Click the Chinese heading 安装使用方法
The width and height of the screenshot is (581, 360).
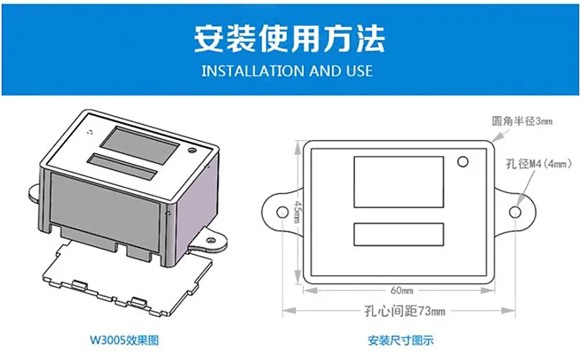289,38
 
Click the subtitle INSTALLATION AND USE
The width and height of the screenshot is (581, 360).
287,70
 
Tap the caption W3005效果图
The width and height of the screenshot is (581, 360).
124,340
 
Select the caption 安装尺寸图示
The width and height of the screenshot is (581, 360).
401,340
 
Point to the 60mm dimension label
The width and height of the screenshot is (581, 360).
402,290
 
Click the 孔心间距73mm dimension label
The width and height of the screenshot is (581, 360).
405,311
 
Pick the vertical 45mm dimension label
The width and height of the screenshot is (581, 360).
298,212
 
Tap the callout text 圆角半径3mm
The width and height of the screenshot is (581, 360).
522,121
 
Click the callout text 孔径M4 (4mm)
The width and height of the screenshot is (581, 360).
538,163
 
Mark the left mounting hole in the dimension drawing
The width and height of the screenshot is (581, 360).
283,212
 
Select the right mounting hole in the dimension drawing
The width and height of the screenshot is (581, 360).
515,212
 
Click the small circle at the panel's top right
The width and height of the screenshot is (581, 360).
463,162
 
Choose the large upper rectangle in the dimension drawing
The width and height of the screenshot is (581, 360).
399,182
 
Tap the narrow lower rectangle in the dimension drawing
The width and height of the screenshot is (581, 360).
399,234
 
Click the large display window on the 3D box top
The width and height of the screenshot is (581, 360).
139,145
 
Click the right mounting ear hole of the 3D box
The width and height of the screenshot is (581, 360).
211,240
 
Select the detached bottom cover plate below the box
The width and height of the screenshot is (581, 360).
128,279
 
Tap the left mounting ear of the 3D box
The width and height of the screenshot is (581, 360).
34,193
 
